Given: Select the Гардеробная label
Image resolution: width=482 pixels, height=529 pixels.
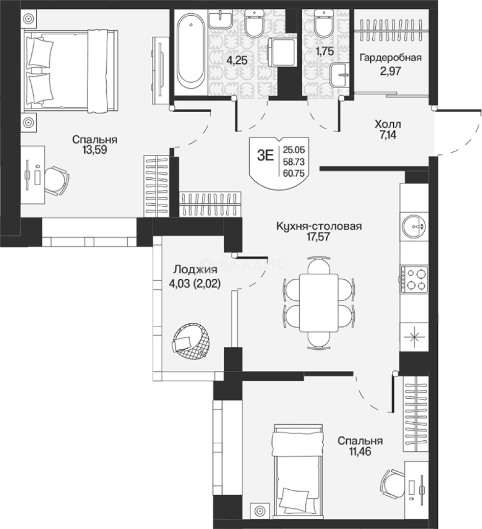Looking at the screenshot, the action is pos(390,57).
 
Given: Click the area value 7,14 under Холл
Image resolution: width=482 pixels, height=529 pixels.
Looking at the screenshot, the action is pos(387,135).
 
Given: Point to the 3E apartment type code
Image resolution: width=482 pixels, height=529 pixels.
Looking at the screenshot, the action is pos(265,156).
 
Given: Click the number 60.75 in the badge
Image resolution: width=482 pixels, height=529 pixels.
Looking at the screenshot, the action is pos(294,173).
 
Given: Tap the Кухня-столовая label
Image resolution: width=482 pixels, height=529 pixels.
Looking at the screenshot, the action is pos(319,226).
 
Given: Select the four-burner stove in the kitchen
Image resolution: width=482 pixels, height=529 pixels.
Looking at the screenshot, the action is pos(414,279).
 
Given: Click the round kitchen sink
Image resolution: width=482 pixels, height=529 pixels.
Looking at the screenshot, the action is pos(414,226).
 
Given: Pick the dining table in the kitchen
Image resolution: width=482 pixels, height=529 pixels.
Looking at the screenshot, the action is pos(319,303).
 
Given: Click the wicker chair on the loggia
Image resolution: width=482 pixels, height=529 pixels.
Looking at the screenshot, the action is pos(191,341).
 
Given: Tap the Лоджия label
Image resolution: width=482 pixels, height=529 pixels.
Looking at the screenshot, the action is pos(195,269).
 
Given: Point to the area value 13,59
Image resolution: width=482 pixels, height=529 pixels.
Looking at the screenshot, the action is pos(95,150).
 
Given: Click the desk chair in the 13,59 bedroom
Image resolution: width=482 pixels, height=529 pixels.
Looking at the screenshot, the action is pos(56,181).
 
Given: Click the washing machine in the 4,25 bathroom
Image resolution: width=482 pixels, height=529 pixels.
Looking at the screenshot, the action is pos(282,52).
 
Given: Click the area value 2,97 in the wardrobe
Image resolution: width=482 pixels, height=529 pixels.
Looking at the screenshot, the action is pos(390,71).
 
